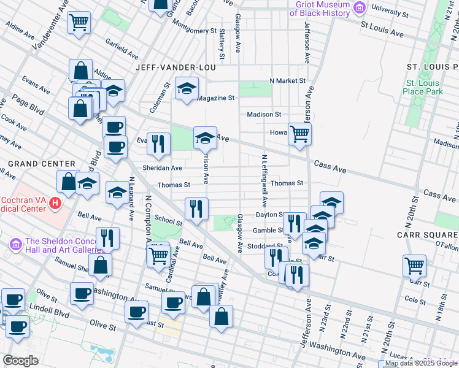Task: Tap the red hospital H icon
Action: (x=56, y=203)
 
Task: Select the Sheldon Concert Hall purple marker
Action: (x=17, y=244)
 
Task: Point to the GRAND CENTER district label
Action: (x=38, y=164)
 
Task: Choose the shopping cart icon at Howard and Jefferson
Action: (x=299, y=133)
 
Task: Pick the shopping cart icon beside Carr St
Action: (x=414, y=266)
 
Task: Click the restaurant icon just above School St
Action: (x=196, y=209)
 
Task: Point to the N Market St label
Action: (x=287, y=81)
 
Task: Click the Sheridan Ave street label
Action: (x=162, y=167)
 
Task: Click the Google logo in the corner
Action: (x=21, y=361)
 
